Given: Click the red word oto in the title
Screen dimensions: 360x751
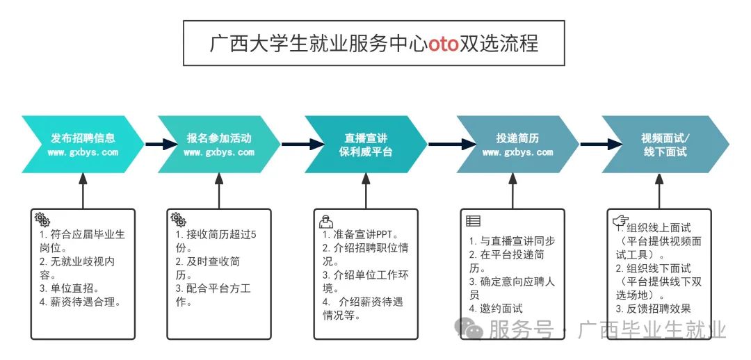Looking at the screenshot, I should point(443,44).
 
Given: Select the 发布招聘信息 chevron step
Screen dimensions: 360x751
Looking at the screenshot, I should point(83,145).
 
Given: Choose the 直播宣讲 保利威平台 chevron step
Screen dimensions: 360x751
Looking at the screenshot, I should point(366,145).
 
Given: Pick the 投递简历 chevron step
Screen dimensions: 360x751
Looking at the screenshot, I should point(517,145).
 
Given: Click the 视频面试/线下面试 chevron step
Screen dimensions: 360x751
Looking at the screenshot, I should point(665,145).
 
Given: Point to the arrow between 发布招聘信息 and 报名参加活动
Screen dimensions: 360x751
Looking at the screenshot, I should point(152,145).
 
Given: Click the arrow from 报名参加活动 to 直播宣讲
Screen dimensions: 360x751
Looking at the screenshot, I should point(293,145).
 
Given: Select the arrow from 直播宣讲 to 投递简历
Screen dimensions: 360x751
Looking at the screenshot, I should point(442,145).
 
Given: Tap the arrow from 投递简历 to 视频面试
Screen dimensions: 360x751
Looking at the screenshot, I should point(590,145).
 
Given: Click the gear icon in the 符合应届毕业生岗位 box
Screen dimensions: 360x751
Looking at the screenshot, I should point(42,218).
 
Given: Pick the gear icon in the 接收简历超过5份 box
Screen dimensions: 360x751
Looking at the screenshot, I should point(178,219).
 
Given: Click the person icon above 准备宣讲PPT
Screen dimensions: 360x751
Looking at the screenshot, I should point(325,222).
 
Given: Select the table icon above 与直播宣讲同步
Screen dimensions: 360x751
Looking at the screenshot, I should point(473,222).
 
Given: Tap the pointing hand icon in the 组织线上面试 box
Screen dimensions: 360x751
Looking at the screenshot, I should point(618,221).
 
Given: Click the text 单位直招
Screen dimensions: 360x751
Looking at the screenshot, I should point(73,288).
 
